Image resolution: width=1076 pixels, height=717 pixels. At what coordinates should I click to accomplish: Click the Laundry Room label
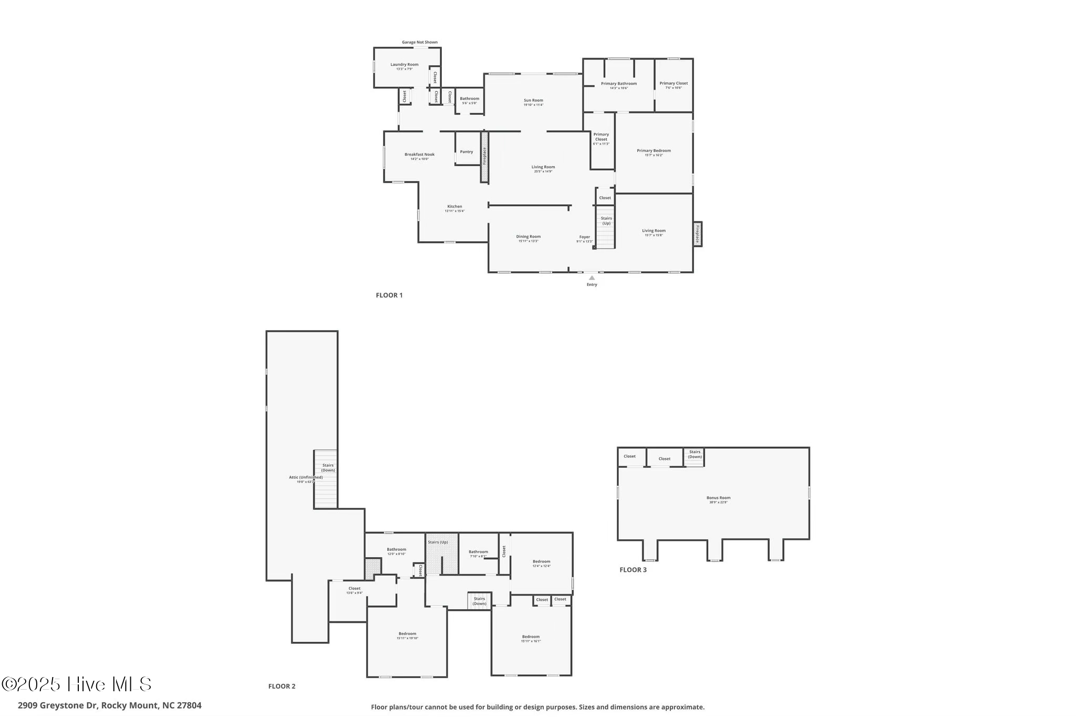point(405,65)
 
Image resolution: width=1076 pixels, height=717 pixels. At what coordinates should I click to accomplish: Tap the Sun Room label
point(533,100)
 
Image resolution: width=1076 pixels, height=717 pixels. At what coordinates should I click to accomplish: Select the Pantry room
point(467,152)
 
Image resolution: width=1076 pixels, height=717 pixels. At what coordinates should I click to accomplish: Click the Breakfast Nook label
point(419,155)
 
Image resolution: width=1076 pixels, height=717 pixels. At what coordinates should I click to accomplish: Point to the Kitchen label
point(454,207)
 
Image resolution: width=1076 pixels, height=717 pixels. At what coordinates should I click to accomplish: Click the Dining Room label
point(528,237)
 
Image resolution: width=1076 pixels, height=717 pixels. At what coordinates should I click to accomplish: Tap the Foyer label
point(584,237)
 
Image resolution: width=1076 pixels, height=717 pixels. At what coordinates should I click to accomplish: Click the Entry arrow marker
point(592,278)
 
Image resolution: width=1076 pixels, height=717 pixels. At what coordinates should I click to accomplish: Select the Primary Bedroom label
point(654,151)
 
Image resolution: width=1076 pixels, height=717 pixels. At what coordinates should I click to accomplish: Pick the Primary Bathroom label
point(618,84)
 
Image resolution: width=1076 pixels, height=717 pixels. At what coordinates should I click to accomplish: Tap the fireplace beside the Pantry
point(484,157)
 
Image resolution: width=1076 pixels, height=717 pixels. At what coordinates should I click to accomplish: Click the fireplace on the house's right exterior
point(698,234)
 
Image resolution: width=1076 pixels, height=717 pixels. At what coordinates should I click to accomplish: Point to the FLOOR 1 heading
point(389,295)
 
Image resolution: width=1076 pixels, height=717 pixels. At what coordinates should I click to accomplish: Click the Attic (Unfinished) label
point(306,477)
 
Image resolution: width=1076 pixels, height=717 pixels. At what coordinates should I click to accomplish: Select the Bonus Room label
point(718,498)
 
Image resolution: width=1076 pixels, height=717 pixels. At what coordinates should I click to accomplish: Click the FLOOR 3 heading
point(633,570)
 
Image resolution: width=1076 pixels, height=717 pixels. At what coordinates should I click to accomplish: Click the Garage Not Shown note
point(419,43)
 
